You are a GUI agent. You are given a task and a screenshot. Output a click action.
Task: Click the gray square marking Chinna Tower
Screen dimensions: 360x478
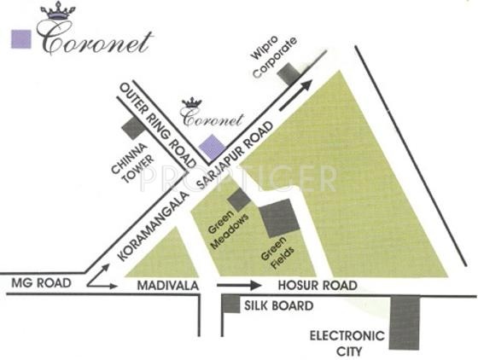coord(132,128)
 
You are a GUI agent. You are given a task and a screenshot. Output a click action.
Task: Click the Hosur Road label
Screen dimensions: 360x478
coord(307,286)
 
